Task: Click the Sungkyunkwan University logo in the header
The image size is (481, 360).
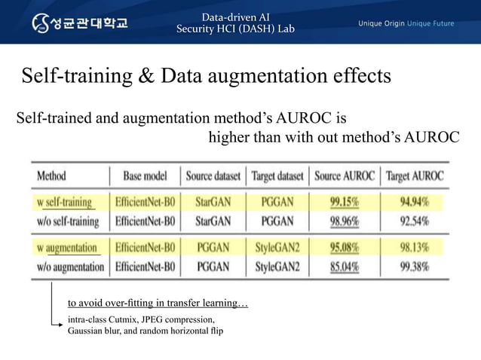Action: (x=79, y=22)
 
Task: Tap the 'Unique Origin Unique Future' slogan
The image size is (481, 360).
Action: (x=405, y=23)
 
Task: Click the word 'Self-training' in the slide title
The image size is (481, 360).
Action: (x=67, y=76)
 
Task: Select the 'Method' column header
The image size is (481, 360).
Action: (x=51, y=176)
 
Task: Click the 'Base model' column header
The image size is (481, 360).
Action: (x=145, y=176)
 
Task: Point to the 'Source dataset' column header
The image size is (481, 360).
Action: (x=213, y=176)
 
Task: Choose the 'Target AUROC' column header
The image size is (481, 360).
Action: (x=415, y=176)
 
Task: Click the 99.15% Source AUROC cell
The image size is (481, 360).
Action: (x=344, y=202)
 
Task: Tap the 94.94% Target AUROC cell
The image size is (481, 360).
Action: (x=415, y=202)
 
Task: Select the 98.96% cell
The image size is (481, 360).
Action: (x=344, y=221)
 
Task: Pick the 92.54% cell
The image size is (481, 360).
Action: (x=415, y=221)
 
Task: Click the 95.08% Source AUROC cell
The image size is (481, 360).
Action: (x=344, y=247)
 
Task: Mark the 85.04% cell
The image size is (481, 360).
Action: (x=344, y=267)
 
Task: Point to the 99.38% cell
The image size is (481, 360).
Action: (x=415, y=267)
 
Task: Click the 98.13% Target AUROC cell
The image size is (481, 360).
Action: (x=415, y=247)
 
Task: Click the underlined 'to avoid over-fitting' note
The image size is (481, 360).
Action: (x=158, y=304)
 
